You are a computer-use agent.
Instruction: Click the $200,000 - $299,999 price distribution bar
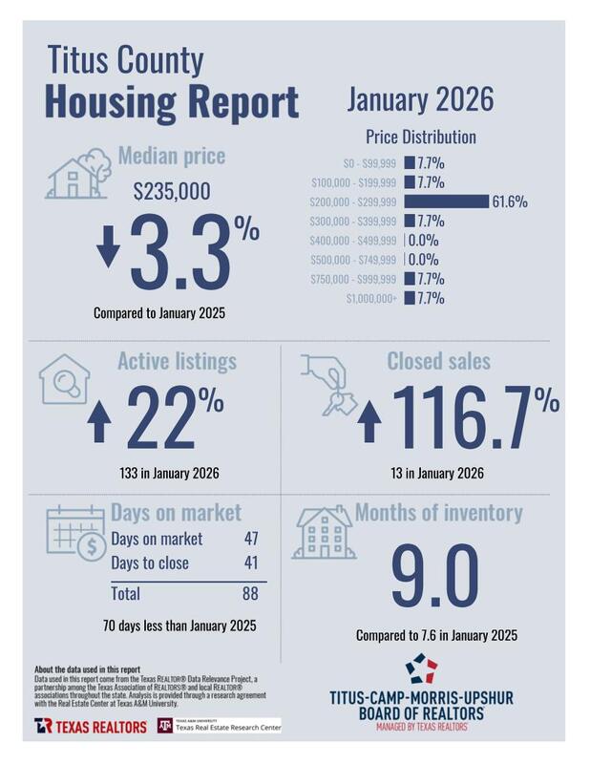(x=446, y=202)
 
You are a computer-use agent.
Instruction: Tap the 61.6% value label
(x=509, y=202)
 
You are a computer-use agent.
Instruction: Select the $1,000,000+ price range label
(x=367, y=299)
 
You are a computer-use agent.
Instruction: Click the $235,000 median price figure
(x=172, y=191)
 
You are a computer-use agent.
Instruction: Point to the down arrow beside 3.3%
(x=107, y=246)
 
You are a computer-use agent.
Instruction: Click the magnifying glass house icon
(x=66, y=380)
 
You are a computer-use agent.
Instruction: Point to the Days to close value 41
(x=251, y=562)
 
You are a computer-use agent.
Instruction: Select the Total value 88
(x=251, y=594)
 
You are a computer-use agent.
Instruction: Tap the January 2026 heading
(x=420, y=98)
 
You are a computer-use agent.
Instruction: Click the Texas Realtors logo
(x=91, y=726)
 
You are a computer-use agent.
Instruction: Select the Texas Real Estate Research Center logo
(x=220, y=726)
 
